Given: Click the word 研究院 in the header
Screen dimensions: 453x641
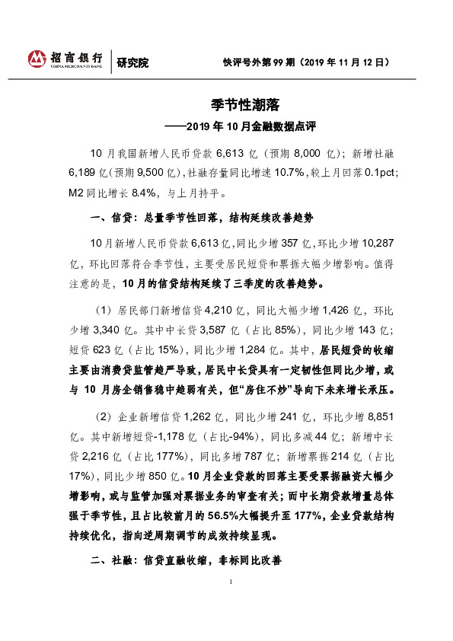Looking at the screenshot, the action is click(132, 62).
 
